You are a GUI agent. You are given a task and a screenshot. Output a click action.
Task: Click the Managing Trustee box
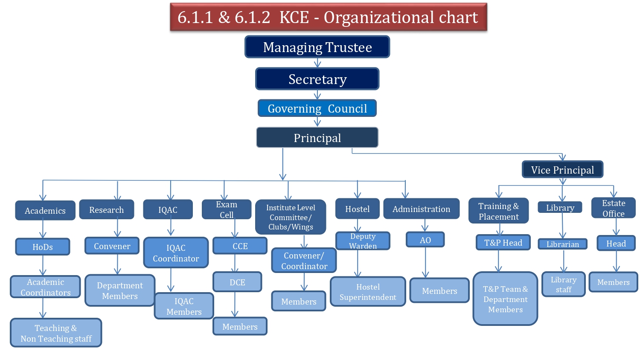point(317,47)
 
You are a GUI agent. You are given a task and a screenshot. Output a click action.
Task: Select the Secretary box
point(317,79)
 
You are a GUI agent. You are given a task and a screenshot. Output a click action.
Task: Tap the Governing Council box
point(317,108)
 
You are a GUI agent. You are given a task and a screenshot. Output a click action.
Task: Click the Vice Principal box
point(562,170)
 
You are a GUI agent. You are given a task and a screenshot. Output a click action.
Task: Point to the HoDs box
point(43,247)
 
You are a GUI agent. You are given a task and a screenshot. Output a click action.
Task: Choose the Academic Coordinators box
point(45,287)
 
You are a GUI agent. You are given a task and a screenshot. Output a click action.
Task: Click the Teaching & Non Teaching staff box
point(56,333)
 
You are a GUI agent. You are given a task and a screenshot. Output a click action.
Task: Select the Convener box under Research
point(112,246)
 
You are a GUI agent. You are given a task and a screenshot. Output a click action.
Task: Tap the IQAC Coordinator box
point(176,253)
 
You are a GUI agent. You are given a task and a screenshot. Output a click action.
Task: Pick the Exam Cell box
point(227,209)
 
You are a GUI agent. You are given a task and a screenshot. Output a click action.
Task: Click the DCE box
point(237,282)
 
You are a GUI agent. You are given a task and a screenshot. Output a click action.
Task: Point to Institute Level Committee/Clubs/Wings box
point(291,217)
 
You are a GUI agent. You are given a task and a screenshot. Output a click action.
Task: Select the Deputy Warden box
point(363,241)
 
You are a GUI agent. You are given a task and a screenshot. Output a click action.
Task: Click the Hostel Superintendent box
point(368,292)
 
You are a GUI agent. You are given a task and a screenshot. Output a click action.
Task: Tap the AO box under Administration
point(425,240)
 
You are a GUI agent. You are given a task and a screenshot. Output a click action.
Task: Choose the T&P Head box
point(503,243)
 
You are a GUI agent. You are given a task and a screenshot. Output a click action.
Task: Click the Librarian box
point(562,244)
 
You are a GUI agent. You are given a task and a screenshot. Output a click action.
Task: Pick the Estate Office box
point(613,208)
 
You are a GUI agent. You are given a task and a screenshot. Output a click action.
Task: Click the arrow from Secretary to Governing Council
point(317,95)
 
